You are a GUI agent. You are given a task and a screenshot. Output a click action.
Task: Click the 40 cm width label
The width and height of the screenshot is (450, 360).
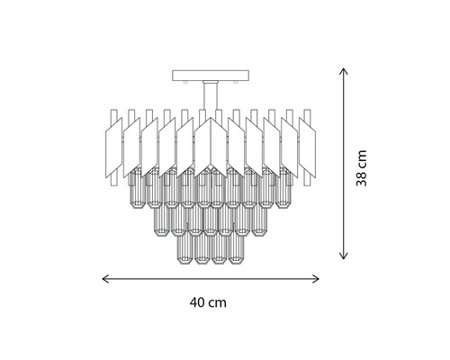pos(208,302)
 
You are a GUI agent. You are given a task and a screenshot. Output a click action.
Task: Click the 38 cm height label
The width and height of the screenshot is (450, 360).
pos(362,168)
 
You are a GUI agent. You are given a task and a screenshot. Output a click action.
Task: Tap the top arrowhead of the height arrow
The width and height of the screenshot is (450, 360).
pos(343,71)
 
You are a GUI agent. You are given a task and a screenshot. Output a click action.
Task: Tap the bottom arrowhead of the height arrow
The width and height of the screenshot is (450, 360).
pos(343,256)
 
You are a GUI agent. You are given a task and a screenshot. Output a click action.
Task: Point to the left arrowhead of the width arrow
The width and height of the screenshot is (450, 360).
pos(105,279)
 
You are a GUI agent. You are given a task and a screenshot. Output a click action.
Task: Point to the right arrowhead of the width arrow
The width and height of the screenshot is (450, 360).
pos(316,279)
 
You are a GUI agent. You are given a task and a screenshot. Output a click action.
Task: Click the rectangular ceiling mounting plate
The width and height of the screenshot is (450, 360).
pos(211,76)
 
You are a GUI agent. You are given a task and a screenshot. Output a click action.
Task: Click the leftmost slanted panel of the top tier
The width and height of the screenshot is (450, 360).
pos(114,150)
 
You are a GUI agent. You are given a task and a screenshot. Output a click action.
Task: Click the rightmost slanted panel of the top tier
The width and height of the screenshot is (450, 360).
pos(307,150)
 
